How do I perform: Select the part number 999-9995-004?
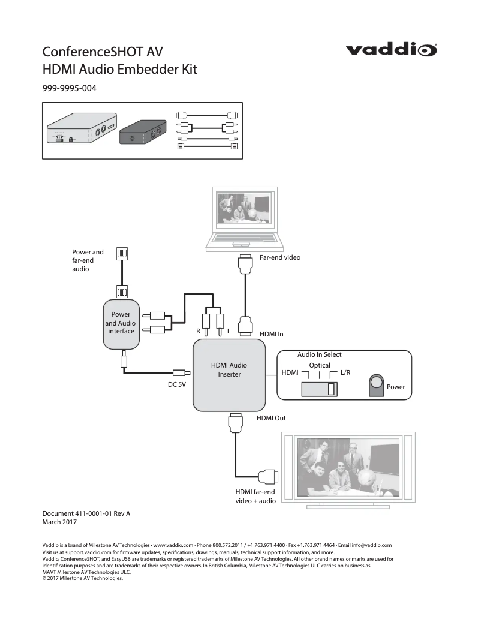click(x=69, y=88)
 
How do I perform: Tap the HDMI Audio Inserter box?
click(x=229, y=375)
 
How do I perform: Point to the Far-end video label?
click(x=279, y=257)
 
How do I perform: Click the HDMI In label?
click(x=271, y=333)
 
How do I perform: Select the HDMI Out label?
click(x=271, y=417)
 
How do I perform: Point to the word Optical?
click(x=320, y=365)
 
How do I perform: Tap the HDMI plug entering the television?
click(x=267, y=477)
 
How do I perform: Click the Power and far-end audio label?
click(x=88, y=261)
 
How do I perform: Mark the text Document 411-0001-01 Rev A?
click(x=86, y=513)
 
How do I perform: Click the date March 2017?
click(x=59, y=522)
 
